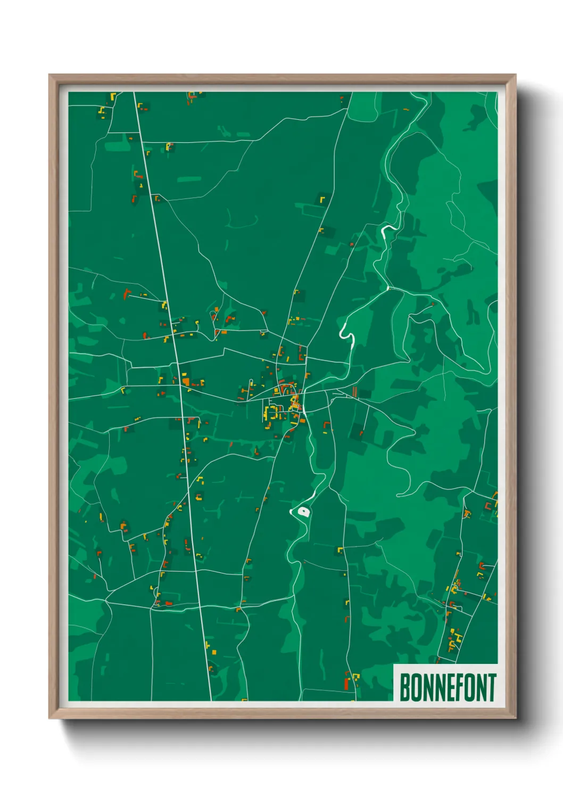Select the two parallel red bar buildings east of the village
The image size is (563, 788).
point(355,392)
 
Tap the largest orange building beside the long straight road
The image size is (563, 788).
point(186,381)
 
